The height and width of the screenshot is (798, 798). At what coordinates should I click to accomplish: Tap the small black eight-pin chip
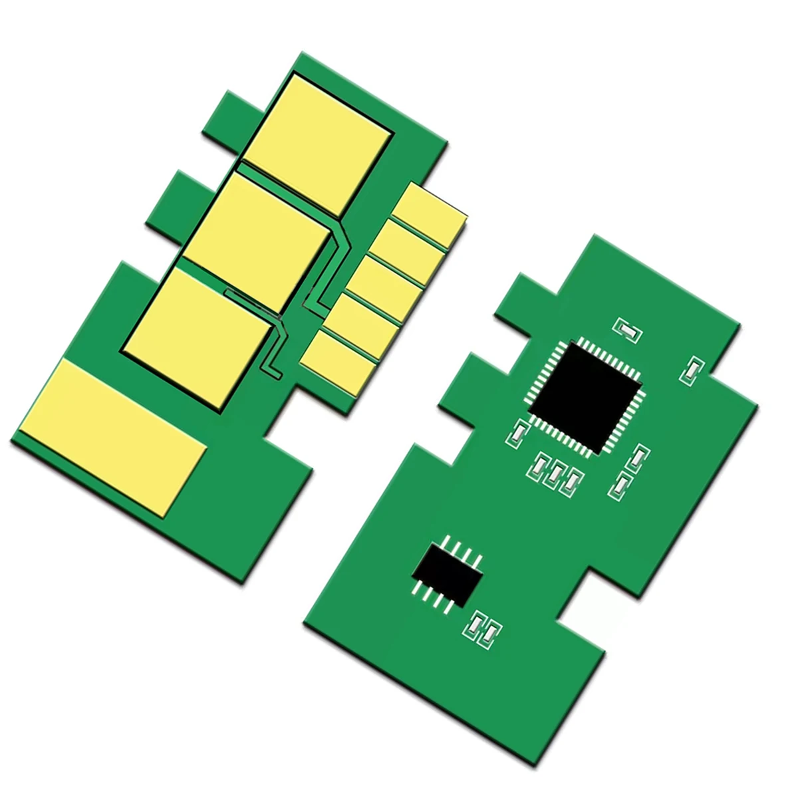point(447,571)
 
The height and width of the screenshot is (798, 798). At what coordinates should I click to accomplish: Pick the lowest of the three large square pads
point(199,332)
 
